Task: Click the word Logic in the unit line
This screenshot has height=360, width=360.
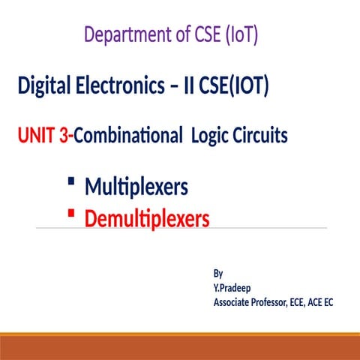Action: tap(212, 137)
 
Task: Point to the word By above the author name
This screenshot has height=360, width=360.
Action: tap(218, 274)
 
